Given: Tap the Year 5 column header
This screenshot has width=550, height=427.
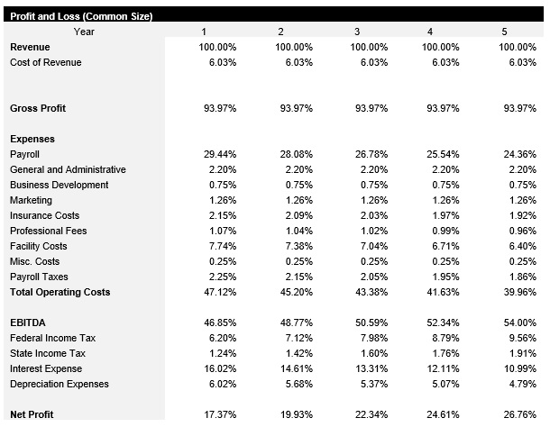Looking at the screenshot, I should [503, 32].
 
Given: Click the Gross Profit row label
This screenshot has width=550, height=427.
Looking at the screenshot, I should [38, 108].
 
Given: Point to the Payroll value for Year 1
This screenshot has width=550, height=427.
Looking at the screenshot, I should [217, 154].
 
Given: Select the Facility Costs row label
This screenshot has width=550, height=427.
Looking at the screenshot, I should [38, 246].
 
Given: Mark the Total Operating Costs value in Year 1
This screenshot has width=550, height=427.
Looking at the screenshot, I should [217, 292].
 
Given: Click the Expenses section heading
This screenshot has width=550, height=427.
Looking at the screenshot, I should [32, 139].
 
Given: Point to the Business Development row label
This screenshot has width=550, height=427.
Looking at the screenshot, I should [60, 185].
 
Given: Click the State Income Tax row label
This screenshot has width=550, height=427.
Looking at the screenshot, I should [47, 353].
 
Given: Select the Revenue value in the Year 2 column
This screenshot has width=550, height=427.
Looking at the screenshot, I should [293, 47].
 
